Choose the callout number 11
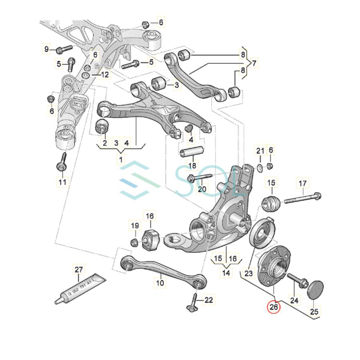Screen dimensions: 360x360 pos(62,182)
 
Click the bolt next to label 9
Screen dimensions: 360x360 pos(64,50)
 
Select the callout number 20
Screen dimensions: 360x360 pos(202,188)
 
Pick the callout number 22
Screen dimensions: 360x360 pos(208,300)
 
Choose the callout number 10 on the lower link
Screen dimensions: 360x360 pos(160,283)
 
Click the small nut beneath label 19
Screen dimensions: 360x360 pos(135,242)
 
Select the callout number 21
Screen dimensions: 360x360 pos(260,151)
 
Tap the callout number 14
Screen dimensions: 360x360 pos(227,273)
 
